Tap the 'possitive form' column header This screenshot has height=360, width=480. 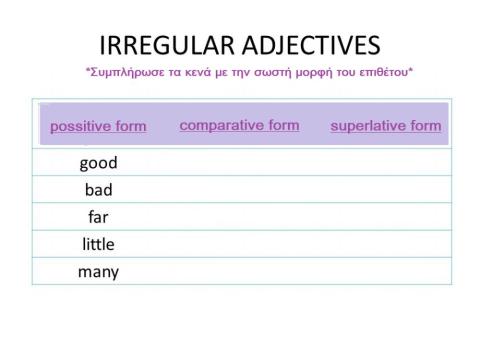[x=98, y=127]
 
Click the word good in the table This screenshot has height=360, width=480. [x=98, y=163]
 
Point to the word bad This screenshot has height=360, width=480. [x=98, y=190]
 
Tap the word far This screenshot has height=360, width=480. [x=98, y=217]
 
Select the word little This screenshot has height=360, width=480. [x=98, y=244]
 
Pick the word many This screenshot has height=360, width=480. [x=98, y=271]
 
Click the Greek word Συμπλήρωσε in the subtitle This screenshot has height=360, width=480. [x=124, y=73]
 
